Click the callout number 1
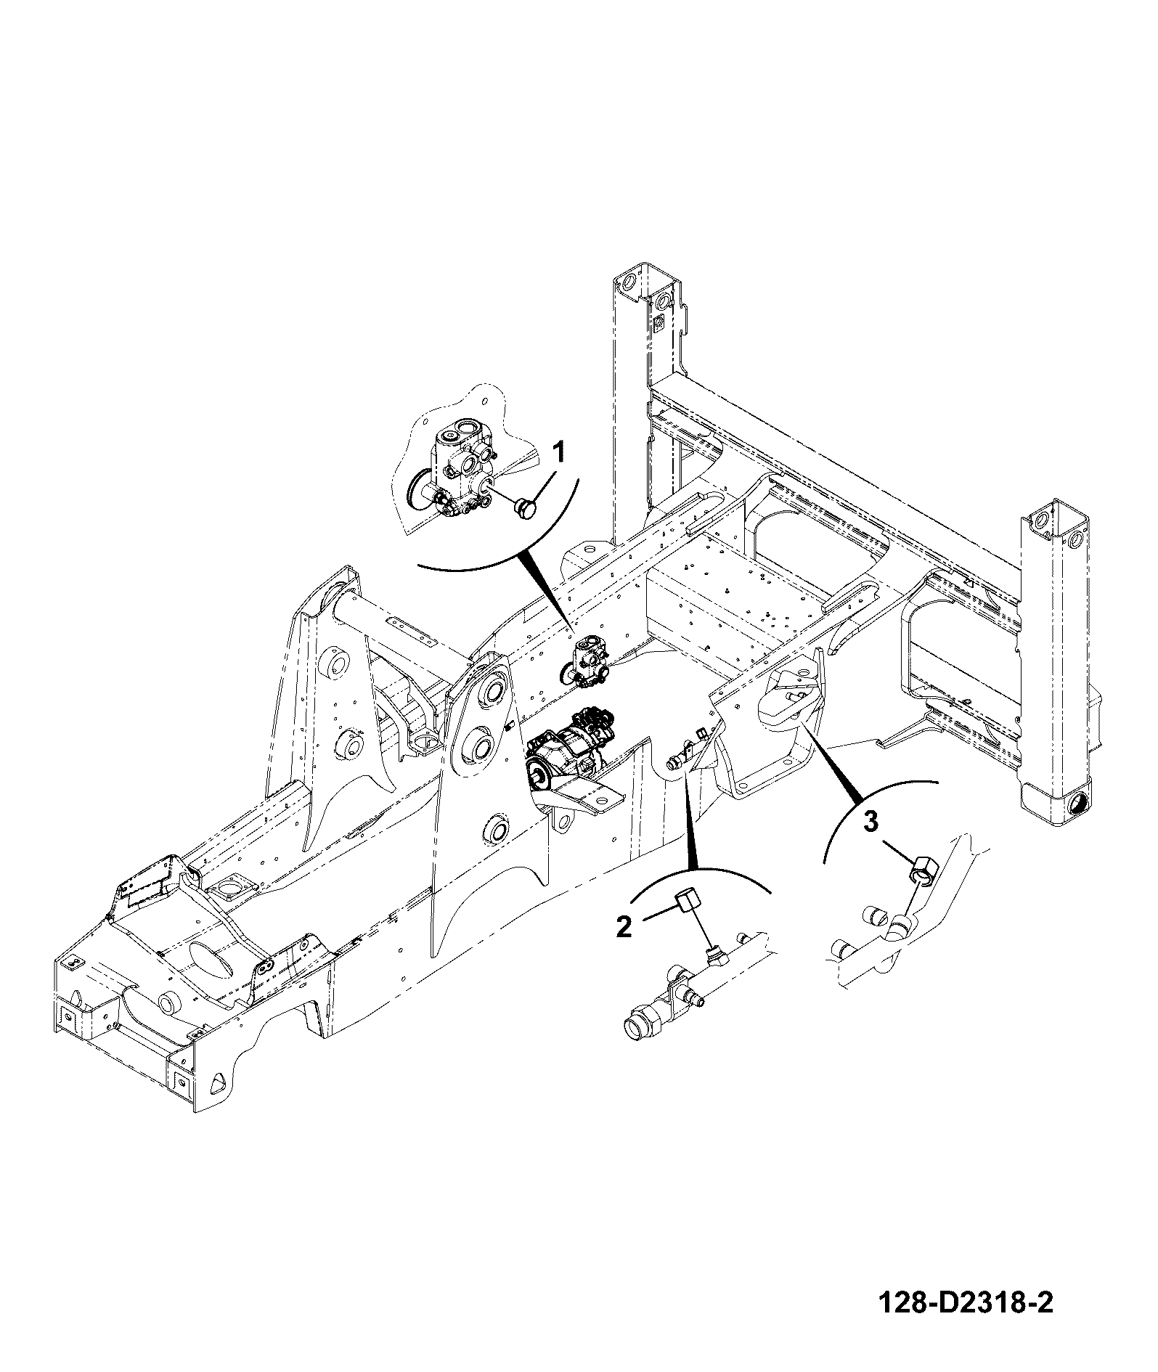click(x=559, y=452)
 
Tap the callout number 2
click(x=624, y=926)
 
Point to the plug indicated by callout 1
click(x=525, y=508)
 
